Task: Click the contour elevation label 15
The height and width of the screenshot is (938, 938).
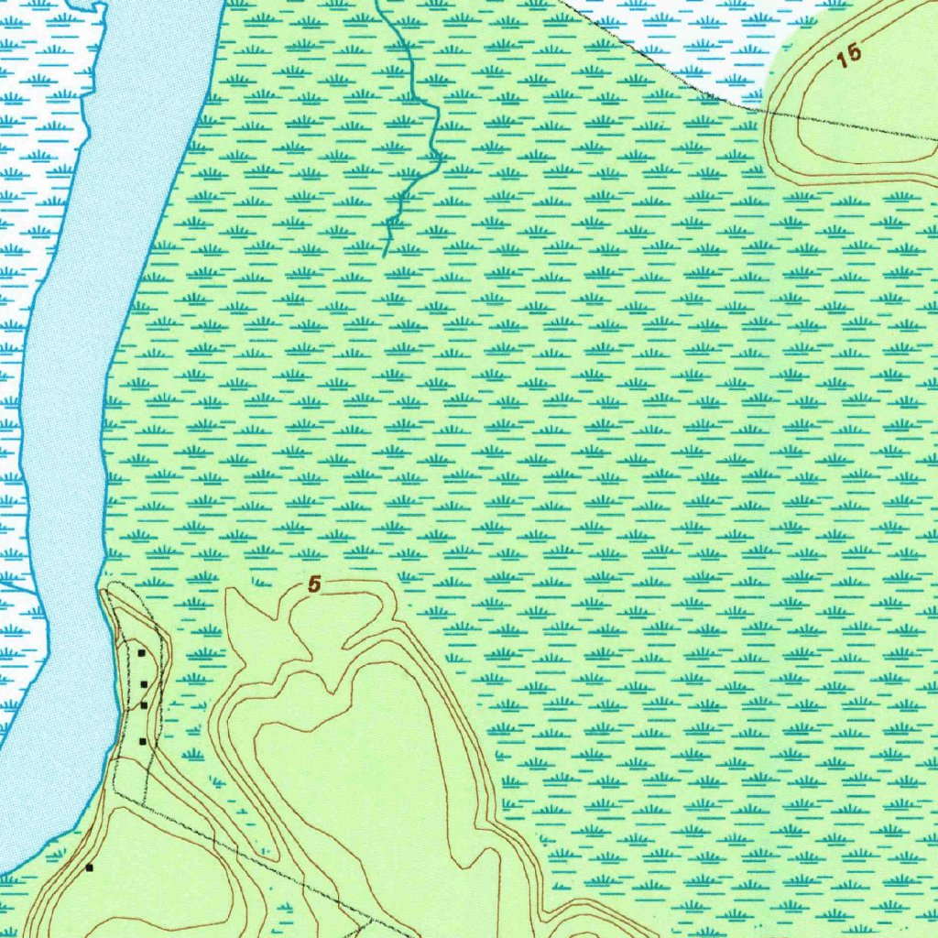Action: (849, 55)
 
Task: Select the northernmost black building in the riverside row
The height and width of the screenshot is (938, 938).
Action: (142, 653)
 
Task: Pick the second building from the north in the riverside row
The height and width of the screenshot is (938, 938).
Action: (144, 684)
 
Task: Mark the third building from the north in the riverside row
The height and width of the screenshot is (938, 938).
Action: (144, 705)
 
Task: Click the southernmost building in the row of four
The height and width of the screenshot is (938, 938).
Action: (142, 740)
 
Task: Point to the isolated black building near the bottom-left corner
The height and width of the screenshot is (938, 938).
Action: (89, 867)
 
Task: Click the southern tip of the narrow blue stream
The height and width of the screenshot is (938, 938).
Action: (385, 254)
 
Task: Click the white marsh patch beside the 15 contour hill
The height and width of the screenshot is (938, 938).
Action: (696, 46)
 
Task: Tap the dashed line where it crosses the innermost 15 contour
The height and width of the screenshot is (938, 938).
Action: (800, 115)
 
